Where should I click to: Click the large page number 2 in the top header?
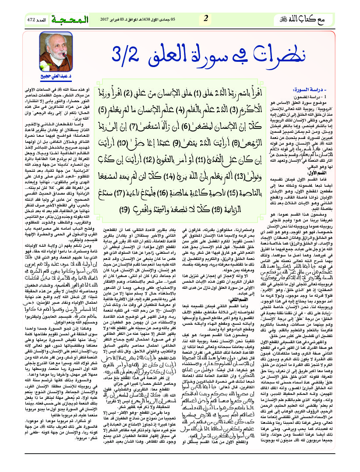(205, 18)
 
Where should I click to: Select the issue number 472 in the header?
(32, 20)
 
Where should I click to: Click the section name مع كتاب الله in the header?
(324, 19)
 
